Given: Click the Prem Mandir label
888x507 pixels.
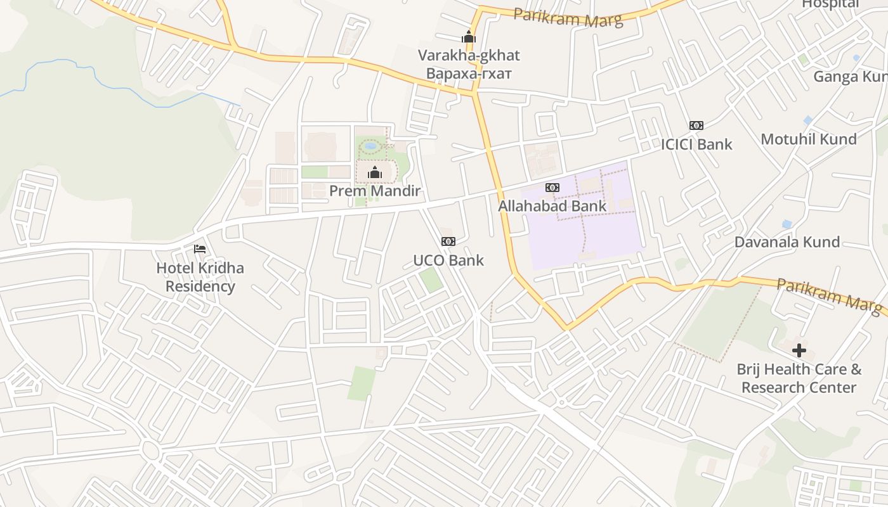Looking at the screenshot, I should coord(374,191).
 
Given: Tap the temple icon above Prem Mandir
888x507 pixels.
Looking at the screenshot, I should coord(374,172).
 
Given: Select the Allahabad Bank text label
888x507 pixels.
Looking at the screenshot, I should coord(552,206).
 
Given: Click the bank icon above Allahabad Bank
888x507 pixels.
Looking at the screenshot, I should coord(552,188).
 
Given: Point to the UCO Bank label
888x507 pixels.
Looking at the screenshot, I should coord(448,260).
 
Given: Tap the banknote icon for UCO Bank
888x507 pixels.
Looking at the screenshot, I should coord(448,241).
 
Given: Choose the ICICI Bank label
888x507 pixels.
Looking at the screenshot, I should coord(696,144).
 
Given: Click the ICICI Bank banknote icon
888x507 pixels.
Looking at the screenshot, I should coord(696,125).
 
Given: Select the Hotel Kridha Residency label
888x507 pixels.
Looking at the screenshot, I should coord(200,277).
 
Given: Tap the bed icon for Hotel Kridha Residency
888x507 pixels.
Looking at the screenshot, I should coord(200,249).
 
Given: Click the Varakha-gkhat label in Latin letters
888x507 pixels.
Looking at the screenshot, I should coord(469,55).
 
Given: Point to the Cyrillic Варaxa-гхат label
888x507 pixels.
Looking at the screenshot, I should coord(469,74).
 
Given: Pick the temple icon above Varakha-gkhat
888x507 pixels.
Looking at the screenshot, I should coord(469,37).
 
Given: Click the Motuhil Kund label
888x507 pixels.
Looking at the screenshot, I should coord(808,139).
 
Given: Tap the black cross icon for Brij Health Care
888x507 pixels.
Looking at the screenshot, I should coord(799,350).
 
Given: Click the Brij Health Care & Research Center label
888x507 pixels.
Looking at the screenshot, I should coord(799,378).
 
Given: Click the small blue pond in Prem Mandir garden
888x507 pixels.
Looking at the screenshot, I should coord(370,146).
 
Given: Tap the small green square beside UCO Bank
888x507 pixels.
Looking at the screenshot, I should coord(431,280).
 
